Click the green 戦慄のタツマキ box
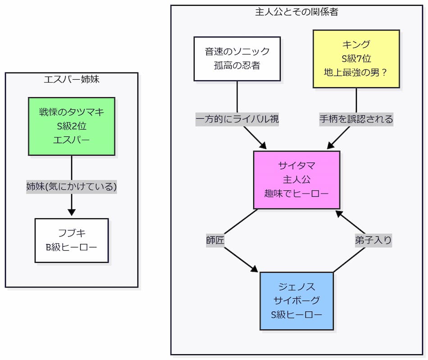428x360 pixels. pos(72,126)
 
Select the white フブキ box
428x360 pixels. pos(72,240)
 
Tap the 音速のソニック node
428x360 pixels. pos(237,58)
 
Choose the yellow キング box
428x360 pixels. pos(356,58)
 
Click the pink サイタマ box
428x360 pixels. pos(296,180)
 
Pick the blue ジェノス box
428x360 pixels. pos(296,301)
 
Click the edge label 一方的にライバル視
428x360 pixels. pos(237,119)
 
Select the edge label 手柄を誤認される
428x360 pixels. pos(356,119)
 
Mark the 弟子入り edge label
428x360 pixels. pos(373,240)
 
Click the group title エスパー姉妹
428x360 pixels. pos(72,80)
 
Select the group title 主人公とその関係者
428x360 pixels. pos(296,12)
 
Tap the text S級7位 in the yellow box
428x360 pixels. pos(356,58)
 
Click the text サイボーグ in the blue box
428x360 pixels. pos(296,301)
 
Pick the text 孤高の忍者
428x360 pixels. pos(237,65)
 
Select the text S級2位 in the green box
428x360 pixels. pos(72,126)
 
